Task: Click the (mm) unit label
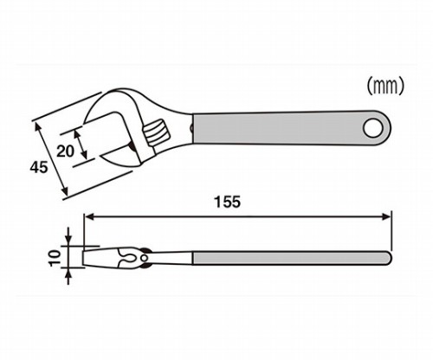[385, 87]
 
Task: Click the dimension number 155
[227, 202]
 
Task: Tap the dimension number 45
[39, 167]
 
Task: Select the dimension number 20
[65, 151]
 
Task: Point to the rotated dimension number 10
[55, 258]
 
